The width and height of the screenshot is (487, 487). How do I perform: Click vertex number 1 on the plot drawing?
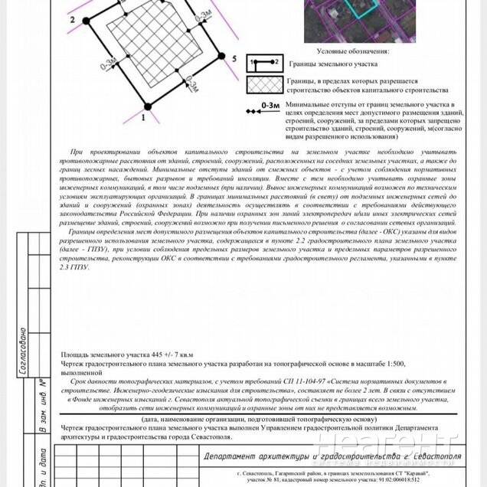click(x=143, y=119)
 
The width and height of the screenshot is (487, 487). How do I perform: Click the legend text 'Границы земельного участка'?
click(x=328, y=64)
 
